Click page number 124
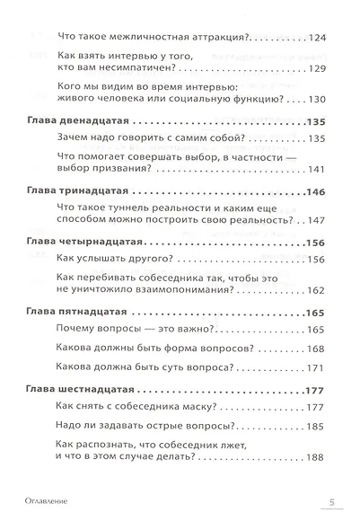[x=316, y=37]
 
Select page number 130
[x=316, y=99]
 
